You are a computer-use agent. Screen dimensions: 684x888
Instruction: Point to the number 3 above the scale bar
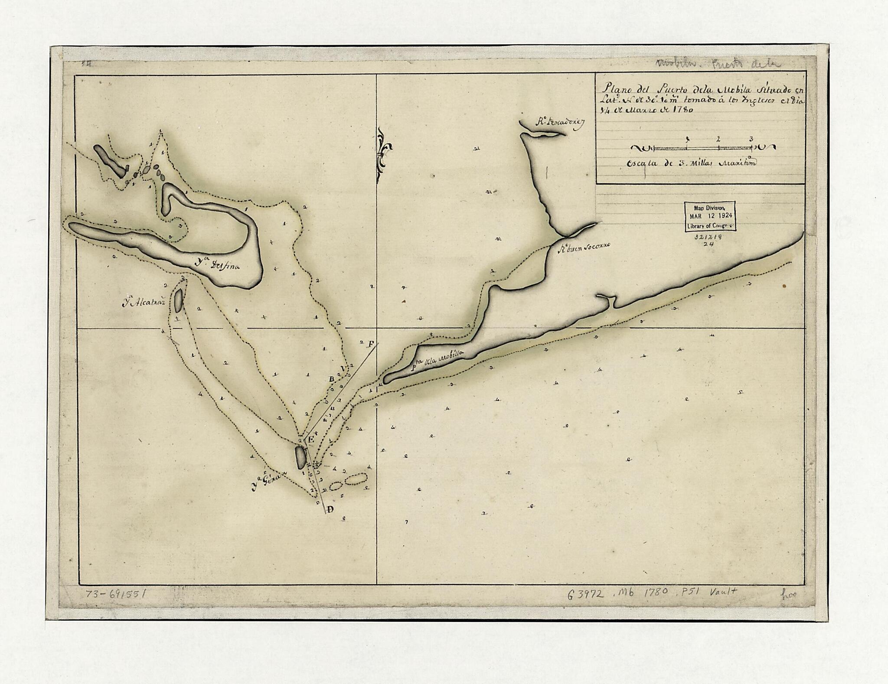click(751, 140)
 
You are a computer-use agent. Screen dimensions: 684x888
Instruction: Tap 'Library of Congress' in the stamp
click(709, 226)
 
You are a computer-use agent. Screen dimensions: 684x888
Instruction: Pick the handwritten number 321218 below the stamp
click(709, 237)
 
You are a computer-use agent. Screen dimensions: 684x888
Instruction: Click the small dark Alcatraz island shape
click(178, 301)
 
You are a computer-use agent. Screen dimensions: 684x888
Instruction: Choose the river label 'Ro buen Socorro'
click(583, 247)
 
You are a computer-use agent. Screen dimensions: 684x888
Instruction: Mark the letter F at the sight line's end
click(371, 344)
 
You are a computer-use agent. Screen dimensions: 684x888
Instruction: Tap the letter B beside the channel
click(332, 379)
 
